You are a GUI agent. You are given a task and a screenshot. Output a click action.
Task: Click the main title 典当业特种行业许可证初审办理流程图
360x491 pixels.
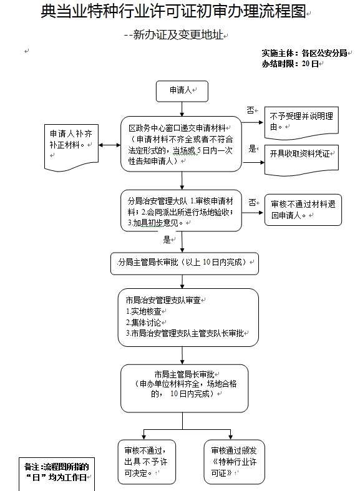click(x=173, y=11)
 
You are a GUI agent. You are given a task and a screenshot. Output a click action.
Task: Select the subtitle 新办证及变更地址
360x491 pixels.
click(x=178, y=34)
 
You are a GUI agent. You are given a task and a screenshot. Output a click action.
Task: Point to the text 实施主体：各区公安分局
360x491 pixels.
click(x=304, y=53)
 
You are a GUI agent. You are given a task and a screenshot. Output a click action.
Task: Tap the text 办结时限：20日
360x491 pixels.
click(x=290, y=64)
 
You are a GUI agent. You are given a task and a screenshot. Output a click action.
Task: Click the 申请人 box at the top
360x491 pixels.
click(x=182, y=91)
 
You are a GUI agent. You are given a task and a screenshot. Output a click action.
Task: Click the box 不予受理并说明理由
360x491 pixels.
click(x=301, y=122)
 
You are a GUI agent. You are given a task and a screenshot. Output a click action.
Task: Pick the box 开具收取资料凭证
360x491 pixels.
click(x=301, y=160)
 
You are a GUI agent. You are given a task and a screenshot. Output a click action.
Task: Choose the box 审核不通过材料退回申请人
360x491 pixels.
click(x=303, y=210)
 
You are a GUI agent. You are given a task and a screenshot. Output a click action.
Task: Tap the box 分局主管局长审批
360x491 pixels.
click(x=185, y=264)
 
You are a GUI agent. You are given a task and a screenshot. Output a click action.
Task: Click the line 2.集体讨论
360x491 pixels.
click(x=144, y=323)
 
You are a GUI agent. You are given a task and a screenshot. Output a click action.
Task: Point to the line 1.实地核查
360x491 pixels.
click(x=144, y=311)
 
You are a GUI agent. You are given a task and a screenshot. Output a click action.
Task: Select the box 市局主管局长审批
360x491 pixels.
click(x=185, y=388)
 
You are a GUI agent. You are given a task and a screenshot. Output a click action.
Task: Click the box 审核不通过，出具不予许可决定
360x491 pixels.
click(x=147, y=462)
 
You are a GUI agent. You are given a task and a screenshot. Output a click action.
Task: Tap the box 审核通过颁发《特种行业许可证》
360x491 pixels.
click(x=234, y=462)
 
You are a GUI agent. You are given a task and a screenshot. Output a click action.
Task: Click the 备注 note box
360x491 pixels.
click(x=57, y=474)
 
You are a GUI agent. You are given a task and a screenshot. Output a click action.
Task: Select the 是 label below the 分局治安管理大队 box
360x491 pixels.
click(x=167, y=240)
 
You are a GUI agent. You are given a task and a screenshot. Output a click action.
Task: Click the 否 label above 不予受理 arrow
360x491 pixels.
click(x=250, y=110)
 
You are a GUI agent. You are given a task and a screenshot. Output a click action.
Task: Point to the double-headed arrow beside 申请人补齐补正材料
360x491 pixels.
click(x=110, y=145)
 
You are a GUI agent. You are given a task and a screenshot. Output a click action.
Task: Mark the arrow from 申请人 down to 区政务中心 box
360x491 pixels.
click(x=182, y=109)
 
